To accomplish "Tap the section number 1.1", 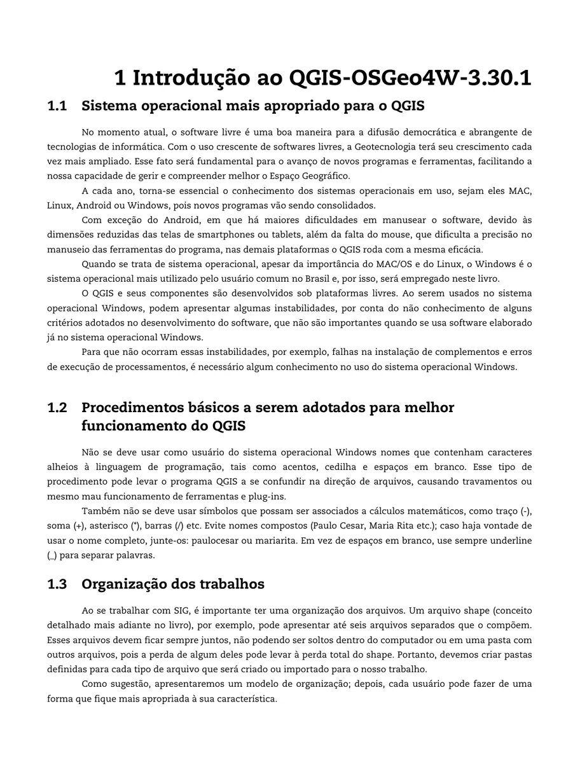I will [57, 106].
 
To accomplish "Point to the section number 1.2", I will [57, 407].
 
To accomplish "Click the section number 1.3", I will [57, 584].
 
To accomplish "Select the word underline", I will [513, 541].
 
